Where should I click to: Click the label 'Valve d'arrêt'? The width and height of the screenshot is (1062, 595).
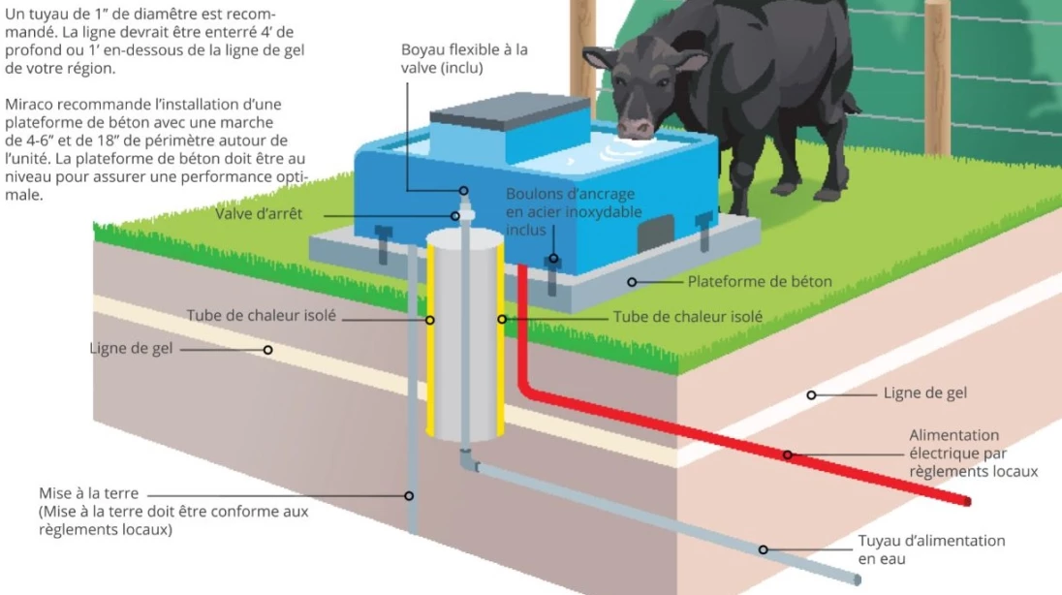coord(259,214)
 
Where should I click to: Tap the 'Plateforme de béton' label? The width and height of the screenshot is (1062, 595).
coord(760,282)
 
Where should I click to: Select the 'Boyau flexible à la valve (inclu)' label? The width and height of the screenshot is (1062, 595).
coord(464,59)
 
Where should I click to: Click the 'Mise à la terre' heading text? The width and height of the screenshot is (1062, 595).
coord(89,493)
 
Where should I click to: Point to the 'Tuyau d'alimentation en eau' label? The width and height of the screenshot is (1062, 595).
coord(931,549)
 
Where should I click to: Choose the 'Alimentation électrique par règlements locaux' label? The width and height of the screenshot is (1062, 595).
coord(973,454)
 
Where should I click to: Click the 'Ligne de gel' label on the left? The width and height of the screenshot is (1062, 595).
coord(132,348)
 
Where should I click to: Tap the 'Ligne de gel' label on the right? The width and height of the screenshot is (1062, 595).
coord(925,393)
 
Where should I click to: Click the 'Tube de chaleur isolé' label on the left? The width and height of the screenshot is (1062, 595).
coord(262,316)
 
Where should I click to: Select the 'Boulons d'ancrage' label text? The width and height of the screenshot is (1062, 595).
coord(571,194)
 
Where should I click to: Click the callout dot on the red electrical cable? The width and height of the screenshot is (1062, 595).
coord(788,454)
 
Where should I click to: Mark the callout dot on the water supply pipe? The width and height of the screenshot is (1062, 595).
coord(764,549)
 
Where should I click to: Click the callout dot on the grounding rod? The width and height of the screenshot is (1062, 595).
coord(409,496)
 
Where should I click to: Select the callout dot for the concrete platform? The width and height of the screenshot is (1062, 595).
coord(632,282)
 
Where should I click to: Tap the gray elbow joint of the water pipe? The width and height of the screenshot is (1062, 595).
coord(469,460)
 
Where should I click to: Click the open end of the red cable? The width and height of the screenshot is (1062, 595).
coord(967,501)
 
